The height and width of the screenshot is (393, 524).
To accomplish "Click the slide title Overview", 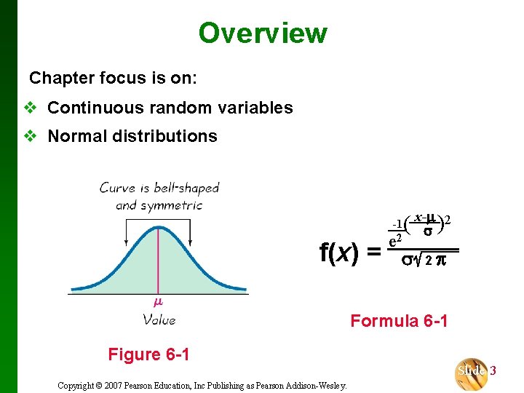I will (x=263, y=33).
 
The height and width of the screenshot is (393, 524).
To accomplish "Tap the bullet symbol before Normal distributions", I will (x=30, y=136).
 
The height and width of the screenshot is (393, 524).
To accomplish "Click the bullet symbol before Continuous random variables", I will (x=30, y=108).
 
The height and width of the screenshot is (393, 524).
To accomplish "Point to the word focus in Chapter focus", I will (x=119, y=77).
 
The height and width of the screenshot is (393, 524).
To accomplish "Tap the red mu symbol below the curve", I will (x=158, y=301).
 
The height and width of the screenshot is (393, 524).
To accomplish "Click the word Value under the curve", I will (x=159, y=319).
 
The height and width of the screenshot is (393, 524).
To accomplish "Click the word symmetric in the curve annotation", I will (x=171, y=205).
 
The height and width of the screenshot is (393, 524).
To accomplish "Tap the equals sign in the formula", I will (x=373, y=253).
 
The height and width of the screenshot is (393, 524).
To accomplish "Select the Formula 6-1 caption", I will (x=399, y=320).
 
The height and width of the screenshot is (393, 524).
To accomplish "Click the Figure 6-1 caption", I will (x=148, y=354).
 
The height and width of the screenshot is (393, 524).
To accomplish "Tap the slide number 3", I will (x=493, y=370).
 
